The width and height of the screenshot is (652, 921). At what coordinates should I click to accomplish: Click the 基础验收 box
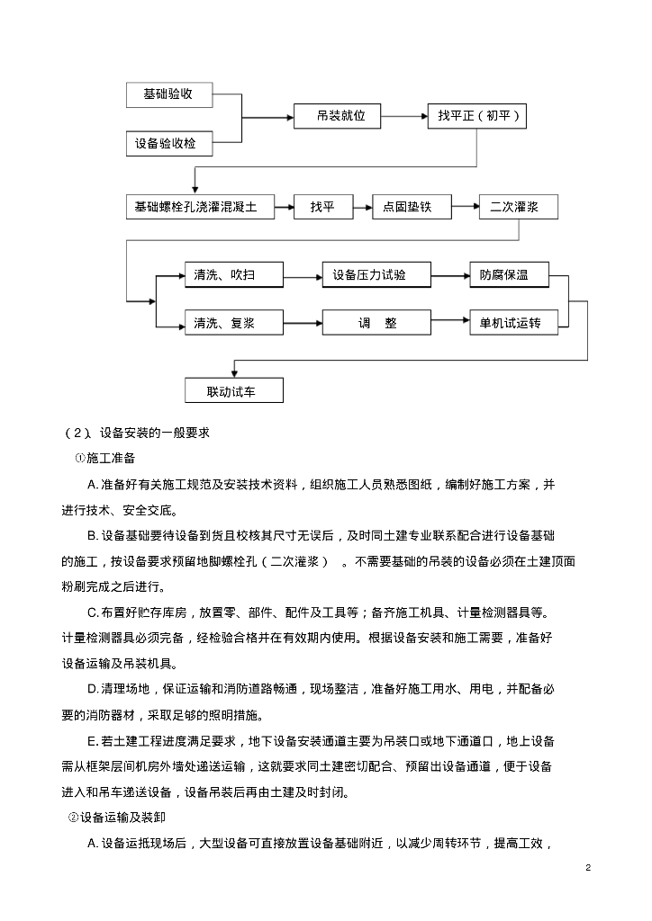pos(168,94)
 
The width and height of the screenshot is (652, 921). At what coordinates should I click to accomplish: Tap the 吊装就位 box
pos(337,117)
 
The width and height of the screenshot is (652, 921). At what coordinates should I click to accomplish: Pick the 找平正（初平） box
pos(475,117)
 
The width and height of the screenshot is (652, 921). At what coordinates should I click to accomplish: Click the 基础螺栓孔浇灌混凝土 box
pos(197,207)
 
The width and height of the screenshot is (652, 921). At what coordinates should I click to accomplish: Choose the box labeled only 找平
pos(321,207)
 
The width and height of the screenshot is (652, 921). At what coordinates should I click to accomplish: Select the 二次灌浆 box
pos(518,207)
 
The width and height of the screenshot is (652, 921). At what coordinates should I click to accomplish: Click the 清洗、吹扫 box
pos(233,275)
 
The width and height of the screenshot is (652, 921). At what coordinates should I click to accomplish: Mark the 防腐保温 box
pos(509,275)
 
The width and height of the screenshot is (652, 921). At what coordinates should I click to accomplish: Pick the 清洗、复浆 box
pos(233,323)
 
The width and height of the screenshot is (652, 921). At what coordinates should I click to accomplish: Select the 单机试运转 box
pos(509,323)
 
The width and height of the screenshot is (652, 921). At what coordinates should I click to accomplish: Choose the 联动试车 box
pos(258,391)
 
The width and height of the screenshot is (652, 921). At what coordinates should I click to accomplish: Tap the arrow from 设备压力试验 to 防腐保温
pos(449,275)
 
